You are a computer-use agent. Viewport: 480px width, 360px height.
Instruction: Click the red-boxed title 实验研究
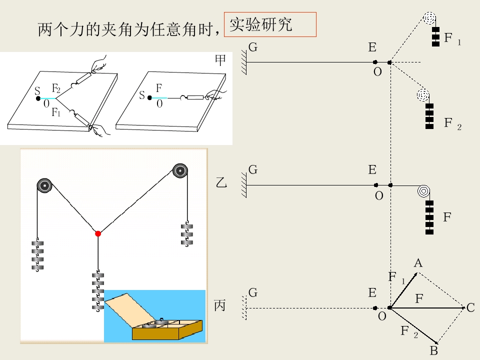pyautogui.click(x=261, y=24)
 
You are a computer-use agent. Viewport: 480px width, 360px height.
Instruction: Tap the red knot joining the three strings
pyautogui.click(x=98, y=234)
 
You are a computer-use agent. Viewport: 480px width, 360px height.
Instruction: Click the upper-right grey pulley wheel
pyautogui.click(x=180, y=170)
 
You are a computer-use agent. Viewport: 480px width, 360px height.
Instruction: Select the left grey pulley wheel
pyautogui.click(x=44, y=185)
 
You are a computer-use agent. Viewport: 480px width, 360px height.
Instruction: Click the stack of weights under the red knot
pyautogui.click(x=98, y=291)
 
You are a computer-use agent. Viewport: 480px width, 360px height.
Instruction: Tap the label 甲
pyautogui.click(x=220, y=60)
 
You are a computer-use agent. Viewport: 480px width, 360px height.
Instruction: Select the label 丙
pyautogui.click(x=220, y=305)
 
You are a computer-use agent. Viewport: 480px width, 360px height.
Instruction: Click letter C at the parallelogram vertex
pyautogui.click(x=470, y=307)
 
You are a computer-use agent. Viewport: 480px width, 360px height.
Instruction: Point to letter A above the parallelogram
pyautogui.click(x=418, y=263)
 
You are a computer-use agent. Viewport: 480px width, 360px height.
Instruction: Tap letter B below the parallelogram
pyautogui.click(x=434, y=351)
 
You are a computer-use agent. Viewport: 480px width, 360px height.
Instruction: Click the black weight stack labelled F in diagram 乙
pyautogui.click(x=429, y=217)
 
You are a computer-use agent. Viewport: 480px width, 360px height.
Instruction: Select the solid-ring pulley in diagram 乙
pyautogui.click(x=423, y=191)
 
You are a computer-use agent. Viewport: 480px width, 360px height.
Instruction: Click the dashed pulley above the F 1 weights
pyautogui.click(x=429, y=18)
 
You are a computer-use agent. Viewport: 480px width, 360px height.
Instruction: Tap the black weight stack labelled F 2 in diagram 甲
pyautogui.click(x=429, y=116)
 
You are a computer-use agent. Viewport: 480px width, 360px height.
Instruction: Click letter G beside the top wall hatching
pyautogui.click(x=253, y=47)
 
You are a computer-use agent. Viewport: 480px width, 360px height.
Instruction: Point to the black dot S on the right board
pyautogui.click(x=149, y=98)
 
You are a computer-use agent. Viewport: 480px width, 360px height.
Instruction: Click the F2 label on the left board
pyautogui.click(x=56, y=88)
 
